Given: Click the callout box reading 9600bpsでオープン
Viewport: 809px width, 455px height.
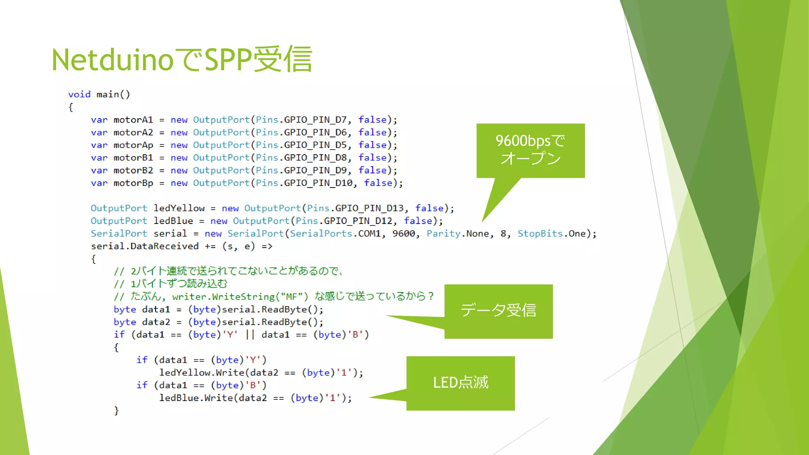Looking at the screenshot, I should coord(530,150).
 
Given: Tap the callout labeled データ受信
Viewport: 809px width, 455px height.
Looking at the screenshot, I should coord(498,311).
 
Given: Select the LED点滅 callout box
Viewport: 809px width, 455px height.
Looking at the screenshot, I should coord(461,383).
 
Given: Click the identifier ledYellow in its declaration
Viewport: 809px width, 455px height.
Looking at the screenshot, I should coord(179,208).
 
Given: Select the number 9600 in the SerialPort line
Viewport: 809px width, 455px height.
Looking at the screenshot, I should coord(403,233).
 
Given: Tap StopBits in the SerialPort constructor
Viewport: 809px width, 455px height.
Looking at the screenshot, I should coord(540,233).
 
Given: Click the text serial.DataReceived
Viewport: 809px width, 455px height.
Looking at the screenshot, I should coord(145,246).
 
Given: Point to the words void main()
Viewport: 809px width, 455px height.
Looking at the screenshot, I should coord(99,94).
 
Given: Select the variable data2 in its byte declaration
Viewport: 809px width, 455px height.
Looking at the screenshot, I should coord(156,322).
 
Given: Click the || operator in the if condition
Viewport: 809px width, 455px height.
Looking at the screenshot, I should coord(250,335).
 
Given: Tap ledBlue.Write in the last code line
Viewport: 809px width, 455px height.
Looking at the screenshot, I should coord(196,398).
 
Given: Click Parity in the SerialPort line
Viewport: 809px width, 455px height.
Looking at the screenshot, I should coord(443,233).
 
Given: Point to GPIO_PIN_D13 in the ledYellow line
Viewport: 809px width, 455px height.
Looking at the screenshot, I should coord(369,208).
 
